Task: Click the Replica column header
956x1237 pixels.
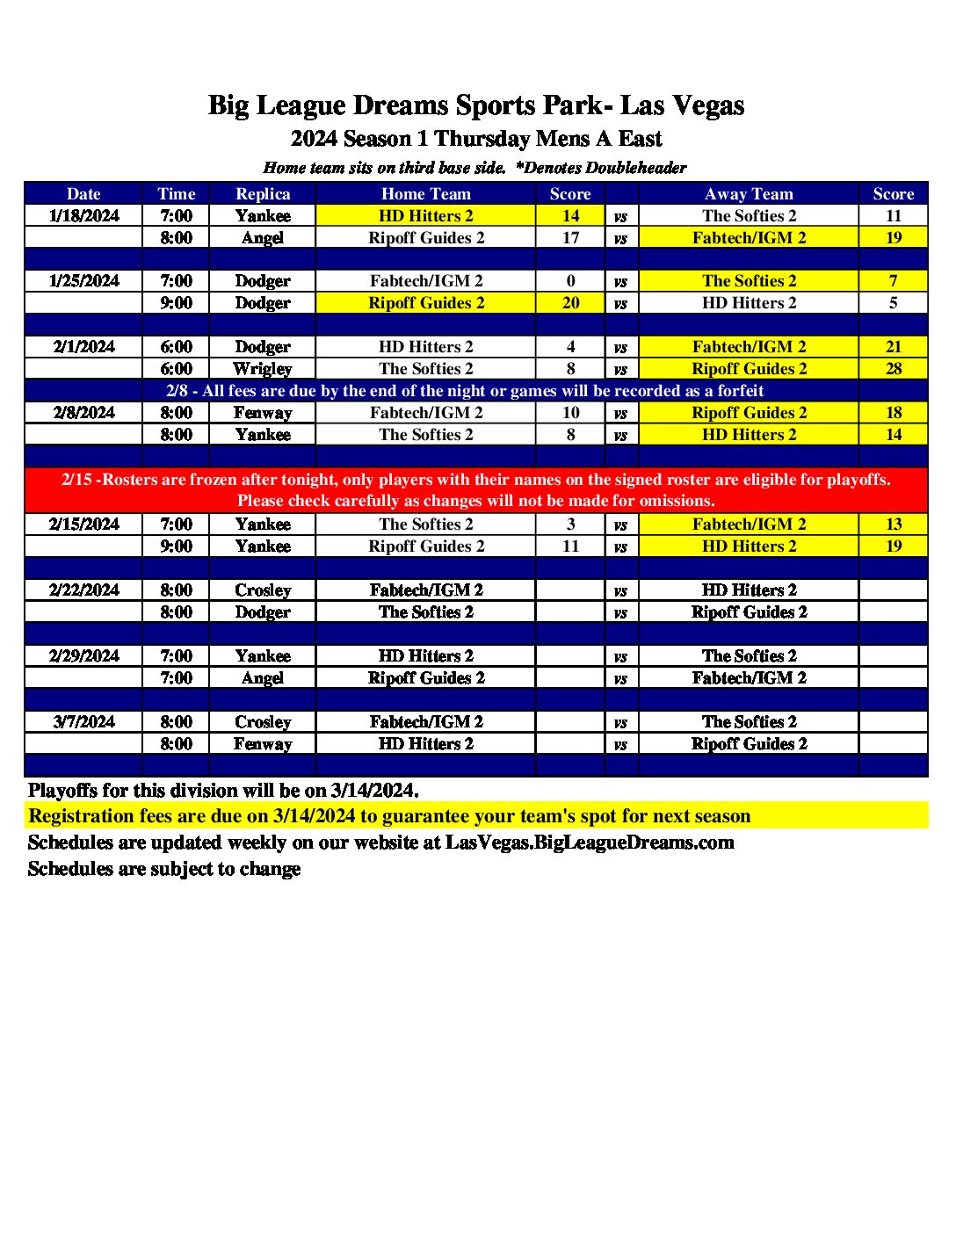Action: pyautogui.click(x=263, y=194)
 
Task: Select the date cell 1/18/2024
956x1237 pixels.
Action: pyautogui.click(x=84, y=216)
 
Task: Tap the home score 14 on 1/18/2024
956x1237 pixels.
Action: pyautogui.click(x=570, y=216)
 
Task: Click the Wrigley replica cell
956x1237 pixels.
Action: pyautogui.click(x=263, y=369)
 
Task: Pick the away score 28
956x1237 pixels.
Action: pyautogui.click(x=893, y=369)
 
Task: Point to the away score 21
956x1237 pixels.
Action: pyautogui.click(x=893, y=347)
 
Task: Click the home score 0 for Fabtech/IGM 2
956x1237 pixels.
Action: pyautogui.click(x=570, y=281)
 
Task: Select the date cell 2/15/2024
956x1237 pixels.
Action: pyautogui.click(x=84, y=524)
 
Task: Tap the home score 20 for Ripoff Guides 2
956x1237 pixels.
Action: pyautogui.click(x=570, y=303)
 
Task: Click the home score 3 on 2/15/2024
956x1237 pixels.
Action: pyautogui.click(x=570, y=524)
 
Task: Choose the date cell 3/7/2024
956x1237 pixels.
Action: pyautogui.click(x=84, y=722)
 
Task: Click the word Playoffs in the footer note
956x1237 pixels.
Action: pyautogui.click(x=62, y=791)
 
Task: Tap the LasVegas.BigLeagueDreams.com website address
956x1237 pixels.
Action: pyautogui.click(x=590, y=843)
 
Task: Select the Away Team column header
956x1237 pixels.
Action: pyautogui.click(x=749, y=194)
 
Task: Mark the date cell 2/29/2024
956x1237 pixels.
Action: pyautogui.click(x=84, y=656)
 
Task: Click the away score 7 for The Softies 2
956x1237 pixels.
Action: pyautogui.click(x=893, y=281)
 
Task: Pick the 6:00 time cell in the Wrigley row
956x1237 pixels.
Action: pyautogui.click(x=176, y=369)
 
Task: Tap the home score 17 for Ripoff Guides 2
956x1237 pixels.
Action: pyautogui.click(x=570, y=238)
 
